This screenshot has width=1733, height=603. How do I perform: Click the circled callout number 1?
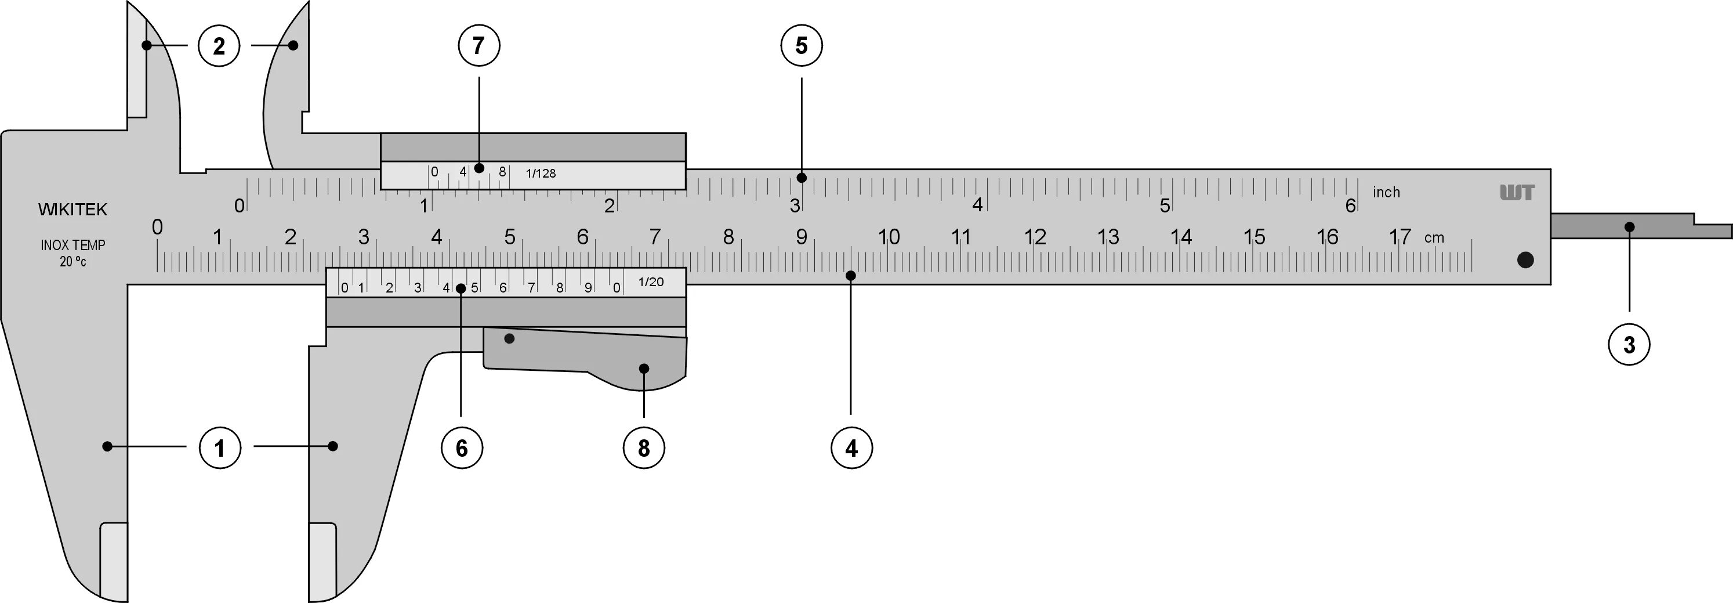[x=220, y=447]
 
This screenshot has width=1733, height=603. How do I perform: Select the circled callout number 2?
[x=219, y=46]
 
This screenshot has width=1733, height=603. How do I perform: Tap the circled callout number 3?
[x=1629, y=345]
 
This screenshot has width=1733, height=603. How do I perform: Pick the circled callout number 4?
[x=851, y=447]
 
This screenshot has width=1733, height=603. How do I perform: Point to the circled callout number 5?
[x=801, y=46]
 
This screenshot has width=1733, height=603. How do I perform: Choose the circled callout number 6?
[x=462, y=447]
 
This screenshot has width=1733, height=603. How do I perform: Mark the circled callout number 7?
[x=478, y=46]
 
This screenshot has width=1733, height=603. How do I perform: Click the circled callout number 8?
[x=644, y=447]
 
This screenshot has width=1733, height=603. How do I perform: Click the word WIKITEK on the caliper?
[x=72, y=210]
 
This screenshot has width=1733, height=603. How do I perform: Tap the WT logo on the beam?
[x=1517, y=193]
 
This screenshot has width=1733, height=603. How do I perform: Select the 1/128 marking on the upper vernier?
[x=541, y=174]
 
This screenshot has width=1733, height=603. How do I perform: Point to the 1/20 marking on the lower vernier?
[x=651, y=282]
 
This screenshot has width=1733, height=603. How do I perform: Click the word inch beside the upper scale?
[x=1387, y=193]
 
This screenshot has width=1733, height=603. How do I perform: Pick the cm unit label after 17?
[x=1434, y=237]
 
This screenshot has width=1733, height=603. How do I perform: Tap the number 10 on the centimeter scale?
[x=889, y=237]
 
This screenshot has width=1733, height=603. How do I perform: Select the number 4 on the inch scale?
[x=977, y=205]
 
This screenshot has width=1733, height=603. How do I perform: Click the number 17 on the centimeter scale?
[x=1400, y=237]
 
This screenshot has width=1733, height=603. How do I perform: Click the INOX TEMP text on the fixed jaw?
[x=72, y=245]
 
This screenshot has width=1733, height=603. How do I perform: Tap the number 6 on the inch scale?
[x=1350, y=205]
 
